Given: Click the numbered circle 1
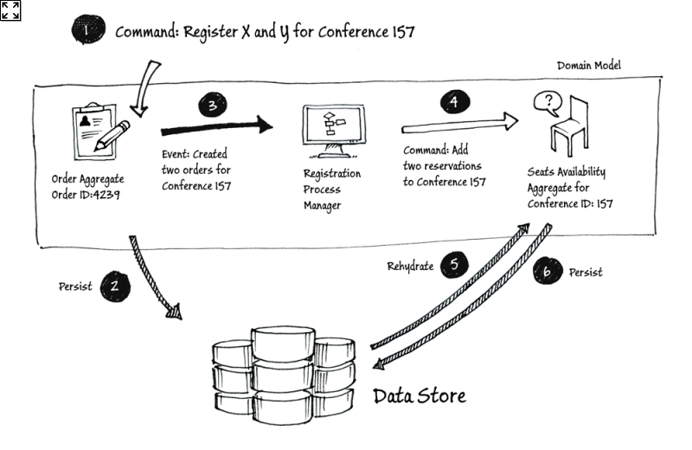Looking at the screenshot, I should point(86,31).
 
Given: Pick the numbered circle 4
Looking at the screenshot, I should point(453,102).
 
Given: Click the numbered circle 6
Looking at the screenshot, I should point(548,273).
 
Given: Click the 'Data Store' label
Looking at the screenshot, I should point(420,396).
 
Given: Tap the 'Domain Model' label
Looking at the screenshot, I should point(588,66).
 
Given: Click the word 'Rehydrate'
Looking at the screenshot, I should point(409,267).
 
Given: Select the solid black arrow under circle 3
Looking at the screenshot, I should point(216,127).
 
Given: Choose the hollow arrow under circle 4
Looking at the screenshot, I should point(459,124).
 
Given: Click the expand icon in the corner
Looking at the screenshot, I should point(10,10).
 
